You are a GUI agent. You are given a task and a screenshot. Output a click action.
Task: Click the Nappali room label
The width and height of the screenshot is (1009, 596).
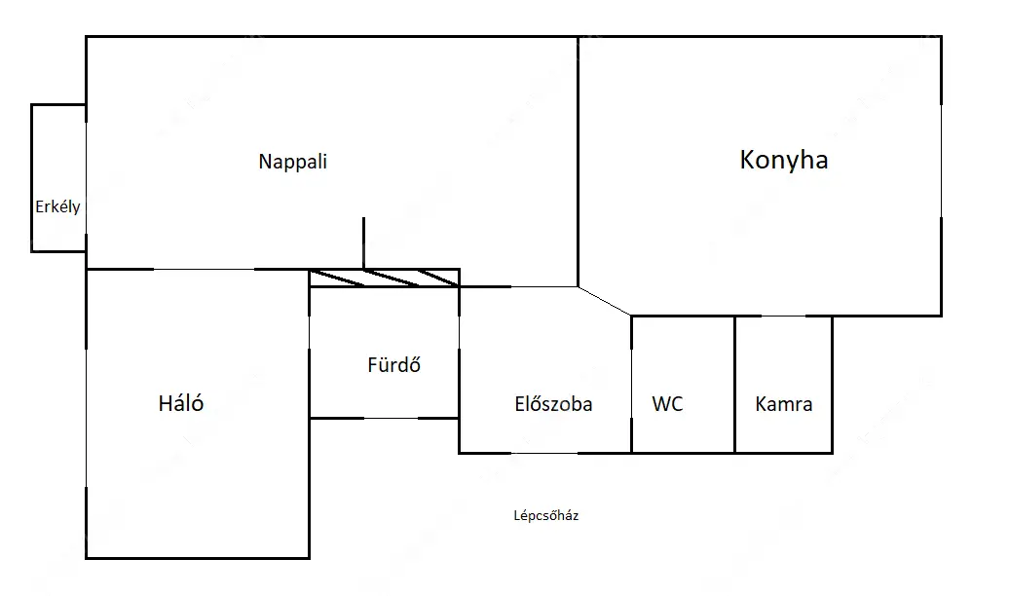pyautogui.click(x=293, y=162)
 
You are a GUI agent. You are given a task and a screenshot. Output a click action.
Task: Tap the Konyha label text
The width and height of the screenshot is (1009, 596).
pyautogui.click(x=784, y=161)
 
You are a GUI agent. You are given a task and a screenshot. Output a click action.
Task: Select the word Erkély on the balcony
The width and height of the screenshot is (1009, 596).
pyautogui.click(x=57, y=206)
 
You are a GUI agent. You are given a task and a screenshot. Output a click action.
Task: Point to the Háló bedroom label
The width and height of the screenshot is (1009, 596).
pyautogui.click(x=181, y=403)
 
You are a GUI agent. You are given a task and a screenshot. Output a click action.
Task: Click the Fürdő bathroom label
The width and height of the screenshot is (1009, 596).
pyautogui.click(x=393, y=364)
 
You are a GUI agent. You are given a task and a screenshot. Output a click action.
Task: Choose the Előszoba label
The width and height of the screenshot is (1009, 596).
pyautogui.click(x=553, y=403)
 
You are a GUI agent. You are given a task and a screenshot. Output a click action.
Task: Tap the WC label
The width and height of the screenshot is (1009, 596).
pyautogui.click(x=667, y=403)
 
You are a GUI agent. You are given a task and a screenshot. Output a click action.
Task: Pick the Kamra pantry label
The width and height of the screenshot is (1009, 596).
pyautogui.click(x=784, y=403)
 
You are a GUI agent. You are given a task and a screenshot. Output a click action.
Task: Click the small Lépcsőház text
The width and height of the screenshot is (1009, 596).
pyautogui.click(x=545, y=515)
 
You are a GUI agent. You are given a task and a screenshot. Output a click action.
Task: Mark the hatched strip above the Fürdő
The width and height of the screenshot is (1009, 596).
pyautogui.click(x=384, y=279)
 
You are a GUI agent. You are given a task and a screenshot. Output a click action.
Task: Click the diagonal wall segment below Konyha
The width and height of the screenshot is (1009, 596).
pyautogui.click(x=605, y=301)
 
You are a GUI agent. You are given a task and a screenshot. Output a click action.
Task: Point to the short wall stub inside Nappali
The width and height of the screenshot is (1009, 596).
pyautogui.click(x=363, y=243)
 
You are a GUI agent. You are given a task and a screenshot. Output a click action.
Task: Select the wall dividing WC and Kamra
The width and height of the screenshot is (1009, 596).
pyautogui.click(x=735, y=385)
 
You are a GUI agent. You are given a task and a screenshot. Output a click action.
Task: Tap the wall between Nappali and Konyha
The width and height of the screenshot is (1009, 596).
pyautogui.click(x=578, y=162)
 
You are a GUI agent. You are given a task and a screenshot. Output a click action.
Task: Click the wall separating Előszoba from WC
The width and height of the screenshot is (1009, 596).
pyautogui.click(x=631, y=385)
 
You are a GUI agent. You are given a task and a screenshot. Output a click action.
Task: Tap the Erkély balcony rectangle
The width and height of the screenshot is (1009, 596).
pyautogui.click(x=58, y=177)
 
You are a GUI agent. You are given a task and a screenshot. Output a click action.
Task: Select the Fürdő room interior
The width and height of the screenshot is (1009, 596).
pyautogui.click(x=384, y=353)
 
